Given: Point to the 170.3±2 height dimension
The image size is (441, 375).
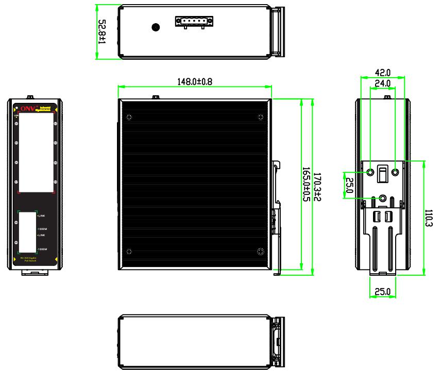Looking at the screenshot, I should click(317, 185).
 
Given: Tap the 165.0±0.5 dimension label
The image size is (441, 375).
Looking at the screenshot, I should click(306, 185).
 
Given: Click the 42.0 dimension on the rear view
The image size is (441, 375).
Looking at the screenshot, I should click(382, 73).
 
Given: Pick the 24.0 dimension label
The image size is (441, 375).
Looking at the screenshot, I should click(382, 83).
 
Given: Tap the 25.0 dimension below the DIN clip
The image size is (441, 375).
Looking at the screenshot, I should click(382, 292).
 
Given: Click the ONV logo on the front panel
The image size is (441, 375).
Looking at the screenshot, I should click(26, 109).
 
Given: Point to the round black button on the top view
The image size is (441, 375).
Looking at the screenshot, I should click(155, 27).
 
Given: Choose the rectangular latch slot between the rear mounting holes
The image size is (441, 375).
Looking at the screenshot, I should click(382, 174).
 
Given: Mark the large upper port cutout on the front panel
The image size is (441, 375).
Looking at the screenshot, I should click(37, 153).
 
